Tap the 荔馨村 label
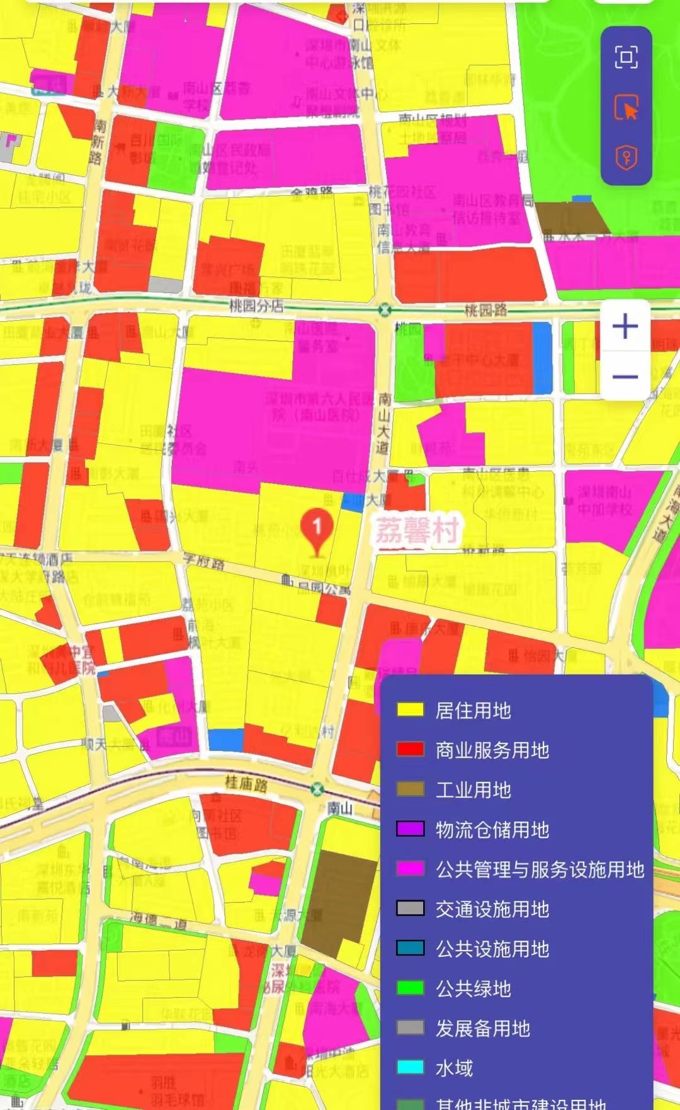[417, 530]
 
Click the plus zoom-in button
[625, 326]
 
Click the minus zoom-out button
[625, 377]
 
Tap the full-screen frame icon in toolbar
[626, 57]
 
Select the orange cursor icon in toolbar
[626, 108]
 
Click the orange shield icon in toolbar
[626, 157]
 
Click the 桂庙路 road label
[246, 784]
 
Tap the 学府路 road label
[203, 561]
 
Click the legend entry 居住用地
[473, 711]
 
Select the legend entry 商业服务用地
[492, 750]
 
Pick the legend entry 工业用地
[473, 790]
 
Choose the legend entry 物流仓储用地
[492, 830]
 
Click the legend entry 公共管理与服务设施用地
[540, 869]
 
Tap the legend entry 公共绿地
[473, 988]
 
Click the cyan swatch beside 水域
[410, 1067]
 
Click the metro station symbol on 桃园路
[385, 310]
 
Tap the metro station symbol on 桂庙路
[317, 789]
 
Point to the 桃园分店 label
[256, 306]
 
